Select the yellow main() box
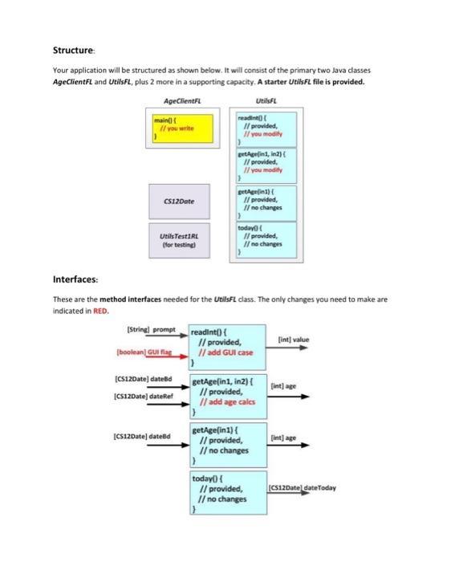click(183, 128)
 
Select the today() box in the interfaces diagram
click(227, 493)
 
